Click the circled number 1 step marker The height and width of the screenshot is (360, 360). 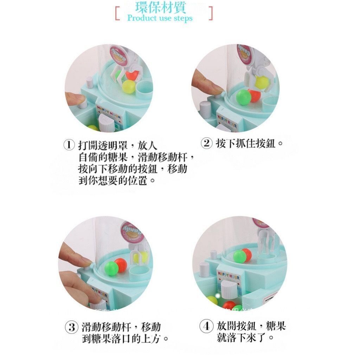(x=69, y=145)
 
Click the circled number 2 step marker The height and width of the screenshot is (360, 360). (x=207, y=143)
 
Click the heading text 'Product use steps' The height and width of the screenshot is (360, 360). (x=160, y=18)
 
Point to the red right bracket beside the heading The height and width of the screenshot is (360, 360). (x=211, y=13)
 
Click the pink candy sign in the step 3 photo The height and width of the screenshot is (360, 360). (x=130, y=232)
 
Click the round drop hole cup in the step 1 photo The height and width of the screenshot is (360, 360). (x=143, y=89)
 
